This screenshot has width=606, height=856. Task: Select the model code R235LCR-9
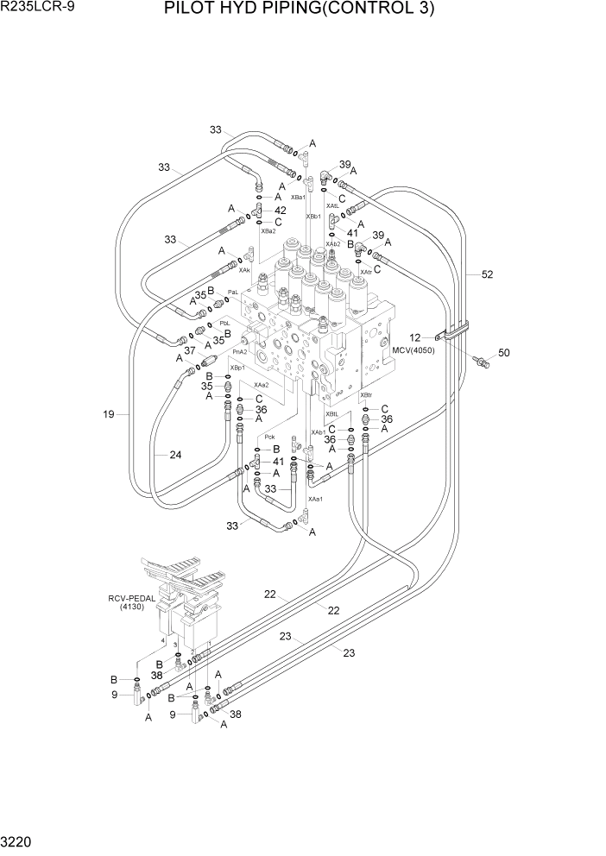(40, 9)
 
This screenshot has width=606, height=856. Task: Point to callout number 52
(487, 274)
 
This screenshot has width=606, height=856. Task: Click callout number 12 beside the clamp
(414, 337)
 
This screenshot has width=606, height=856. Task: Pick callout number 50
(504, 353)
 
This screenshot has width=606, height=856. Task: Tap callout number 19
(109, 414)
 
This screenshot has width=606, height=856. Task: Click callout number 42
(280, 211)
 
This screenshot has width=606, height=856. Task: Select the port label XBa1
(298, 198)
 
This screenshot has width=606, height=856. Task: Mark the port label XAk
(244, 270)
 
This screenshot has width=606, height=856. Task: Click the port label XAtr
(366, 272)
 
